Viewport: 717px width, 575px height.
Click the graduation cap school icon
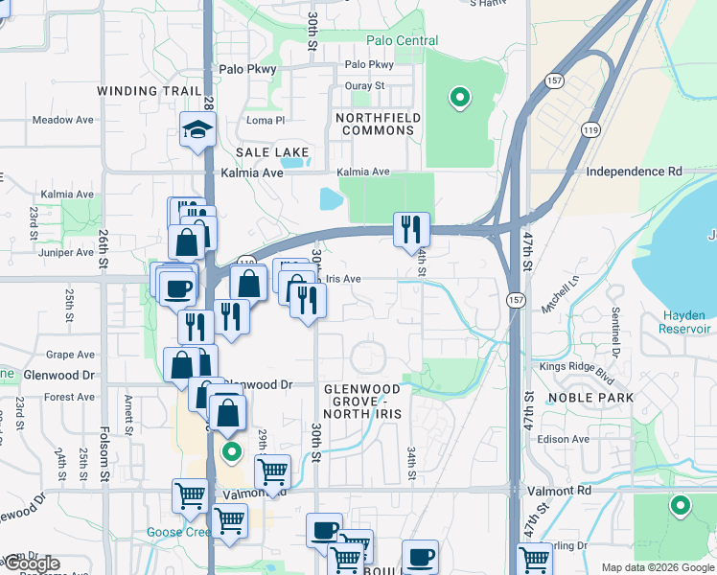click(197, 131)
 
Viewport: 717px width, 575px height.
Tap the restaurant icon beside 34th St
click(411, 229)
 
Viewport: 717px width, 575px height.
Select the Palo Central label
click(403, 41)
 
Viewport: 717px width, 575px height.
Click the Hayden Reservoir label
click(685, 322)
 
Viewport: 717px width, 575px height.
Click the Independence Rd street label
click(634, 172)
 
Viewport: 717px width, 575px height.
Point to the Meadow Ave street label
click(62, 120)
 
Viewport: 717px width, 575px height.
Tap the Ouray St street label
click(364, 85)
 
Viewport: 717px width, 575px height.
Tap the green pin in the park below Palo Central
click(460, 97)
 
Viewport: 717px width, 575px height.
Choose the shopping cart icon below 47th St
click(534, 559)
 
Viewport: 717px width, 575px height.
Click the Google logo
click(31, 563)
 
